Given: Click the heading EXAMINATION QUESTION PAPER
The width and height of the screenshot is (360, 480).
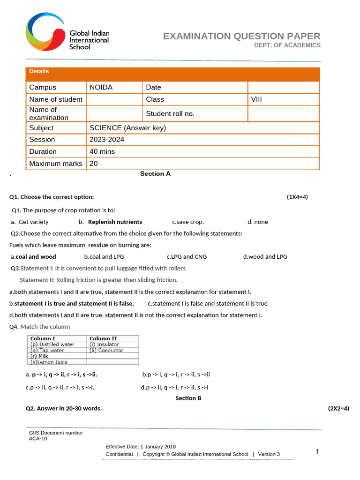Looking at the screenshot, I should [241, 36].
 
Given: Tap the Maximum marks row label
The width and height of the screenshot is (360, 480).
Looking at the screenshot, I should [55, 164].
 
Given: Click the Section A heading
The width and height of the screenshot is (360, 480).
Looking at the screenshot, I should [155, 174].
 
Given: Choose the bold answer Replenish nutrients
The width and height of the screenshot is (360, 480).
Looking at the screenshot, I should [115, 222].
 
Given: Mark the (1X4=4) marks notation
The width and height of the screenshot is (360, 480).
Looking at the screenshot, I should [297, 197].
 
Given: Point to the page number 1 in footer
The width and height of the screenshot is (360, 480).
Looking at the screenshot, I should [317, 452].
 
